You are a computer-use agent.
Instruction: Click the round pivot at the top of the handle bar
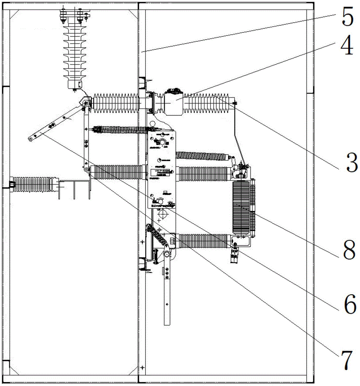pos(167,254)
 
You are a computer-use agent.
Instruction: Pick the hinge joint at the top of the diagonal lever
pos(84,103)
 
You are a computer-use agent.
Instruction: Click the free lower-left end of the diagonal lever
pos(32,137)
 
